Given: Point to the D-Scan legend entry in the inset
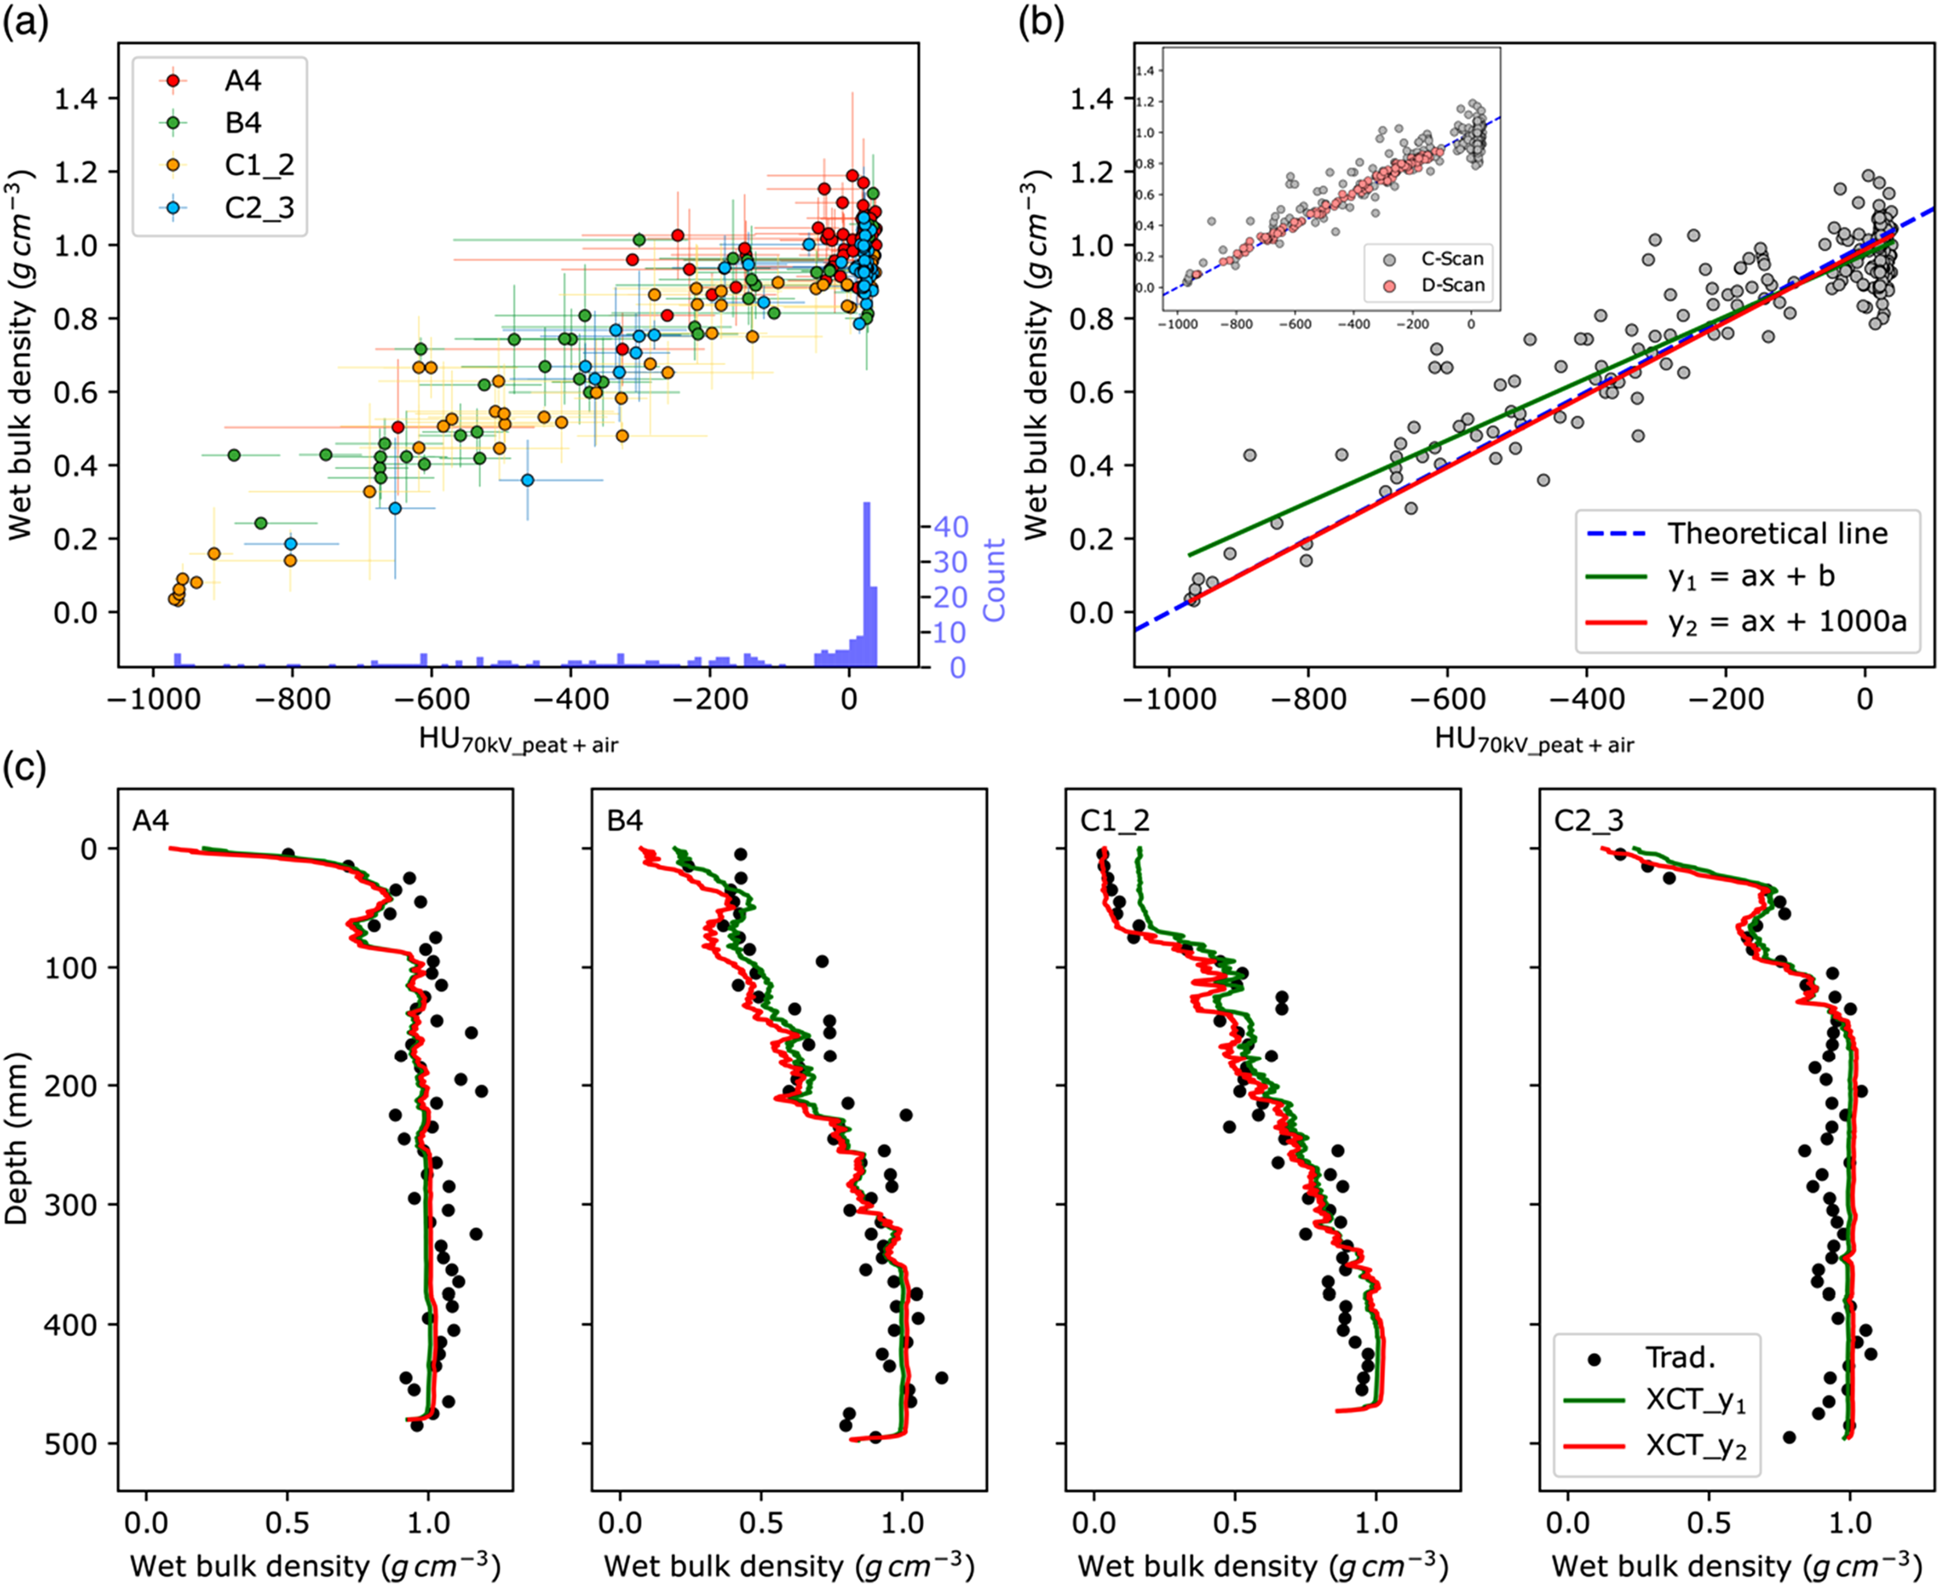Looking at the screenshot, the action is tap(1431, 285).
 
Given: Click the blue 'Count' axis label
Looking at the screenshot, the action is tap(993, 579).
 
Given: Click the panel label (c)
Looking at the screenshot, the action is tap(24, 769).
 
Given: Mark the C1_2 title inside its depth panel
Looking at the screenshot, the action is tap(1115, 820).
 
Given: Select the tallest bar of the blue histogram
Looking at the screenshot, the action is tap(866, 585).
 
